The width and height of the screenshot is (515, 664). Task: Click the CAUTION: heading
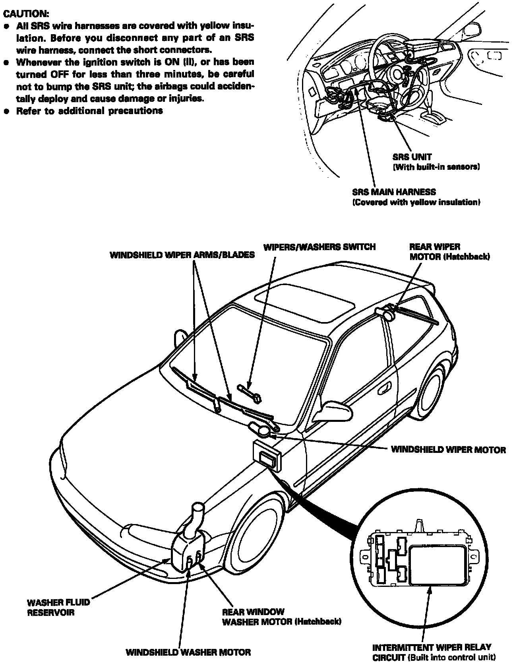[26, 14]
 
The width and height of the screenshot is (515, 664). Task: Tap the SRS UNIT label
[412, 157]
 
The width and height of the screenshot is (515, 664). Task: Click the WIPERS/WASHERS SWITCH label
[319, 247]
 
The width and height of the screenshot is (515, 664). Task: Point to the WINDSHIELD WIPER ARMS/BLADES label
[182, 255]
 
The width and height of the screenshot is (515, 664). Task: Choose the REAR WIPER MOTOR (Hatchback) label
[449, 252]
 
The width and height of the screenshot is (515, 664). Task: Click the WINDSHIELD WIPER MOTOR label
[448, 450]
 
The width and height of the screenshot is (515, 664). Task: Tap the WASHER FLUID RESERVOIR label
[58, 607]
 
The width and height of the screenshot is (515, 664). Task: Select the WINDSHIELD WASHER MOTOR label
[188, 652]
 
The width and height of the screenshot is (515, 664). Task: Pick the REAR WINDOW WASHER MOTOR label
[281, 617]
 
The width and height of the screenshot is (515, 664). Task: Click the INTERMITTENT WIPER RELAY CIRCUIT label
[434, 652]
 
